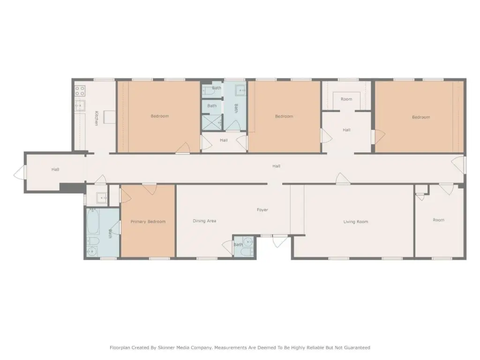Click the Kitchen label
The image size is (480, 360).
tap(97, 118)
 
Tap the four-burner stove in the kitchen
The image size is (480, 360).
tap(80, 91)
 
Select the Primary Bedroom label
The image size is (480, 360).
tap(148, 222)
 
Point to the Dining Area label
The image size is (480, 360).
tap(204, 221)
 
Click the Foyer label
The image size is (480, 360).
tap(262, 210)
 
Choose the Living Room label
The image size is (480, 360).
tap(356, 222)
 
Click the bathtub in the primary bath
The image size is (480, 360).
tap(93, 221)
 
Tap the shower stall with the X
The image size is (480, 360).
tap(211, 122)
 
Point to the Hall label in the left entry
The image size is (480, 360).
tap(55, 169)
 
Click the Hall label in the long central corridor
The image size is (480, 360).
tap(277, 166)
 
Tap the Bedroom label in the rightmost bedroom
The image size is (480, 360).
tap(421, 117)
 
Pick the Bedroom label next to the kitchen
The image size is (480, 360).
tap(160, 116)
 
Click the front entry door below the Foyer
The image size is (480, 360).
tap(279, 241)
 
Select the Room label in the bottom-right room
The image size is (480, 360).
tap(438, 220)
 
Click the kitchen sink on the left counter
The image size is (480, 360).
tap(80, 105)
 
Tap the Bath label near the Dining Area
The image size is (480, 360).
tap(238, 245)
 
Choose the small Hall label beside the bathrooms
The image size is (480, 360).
tap(224, 140)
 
